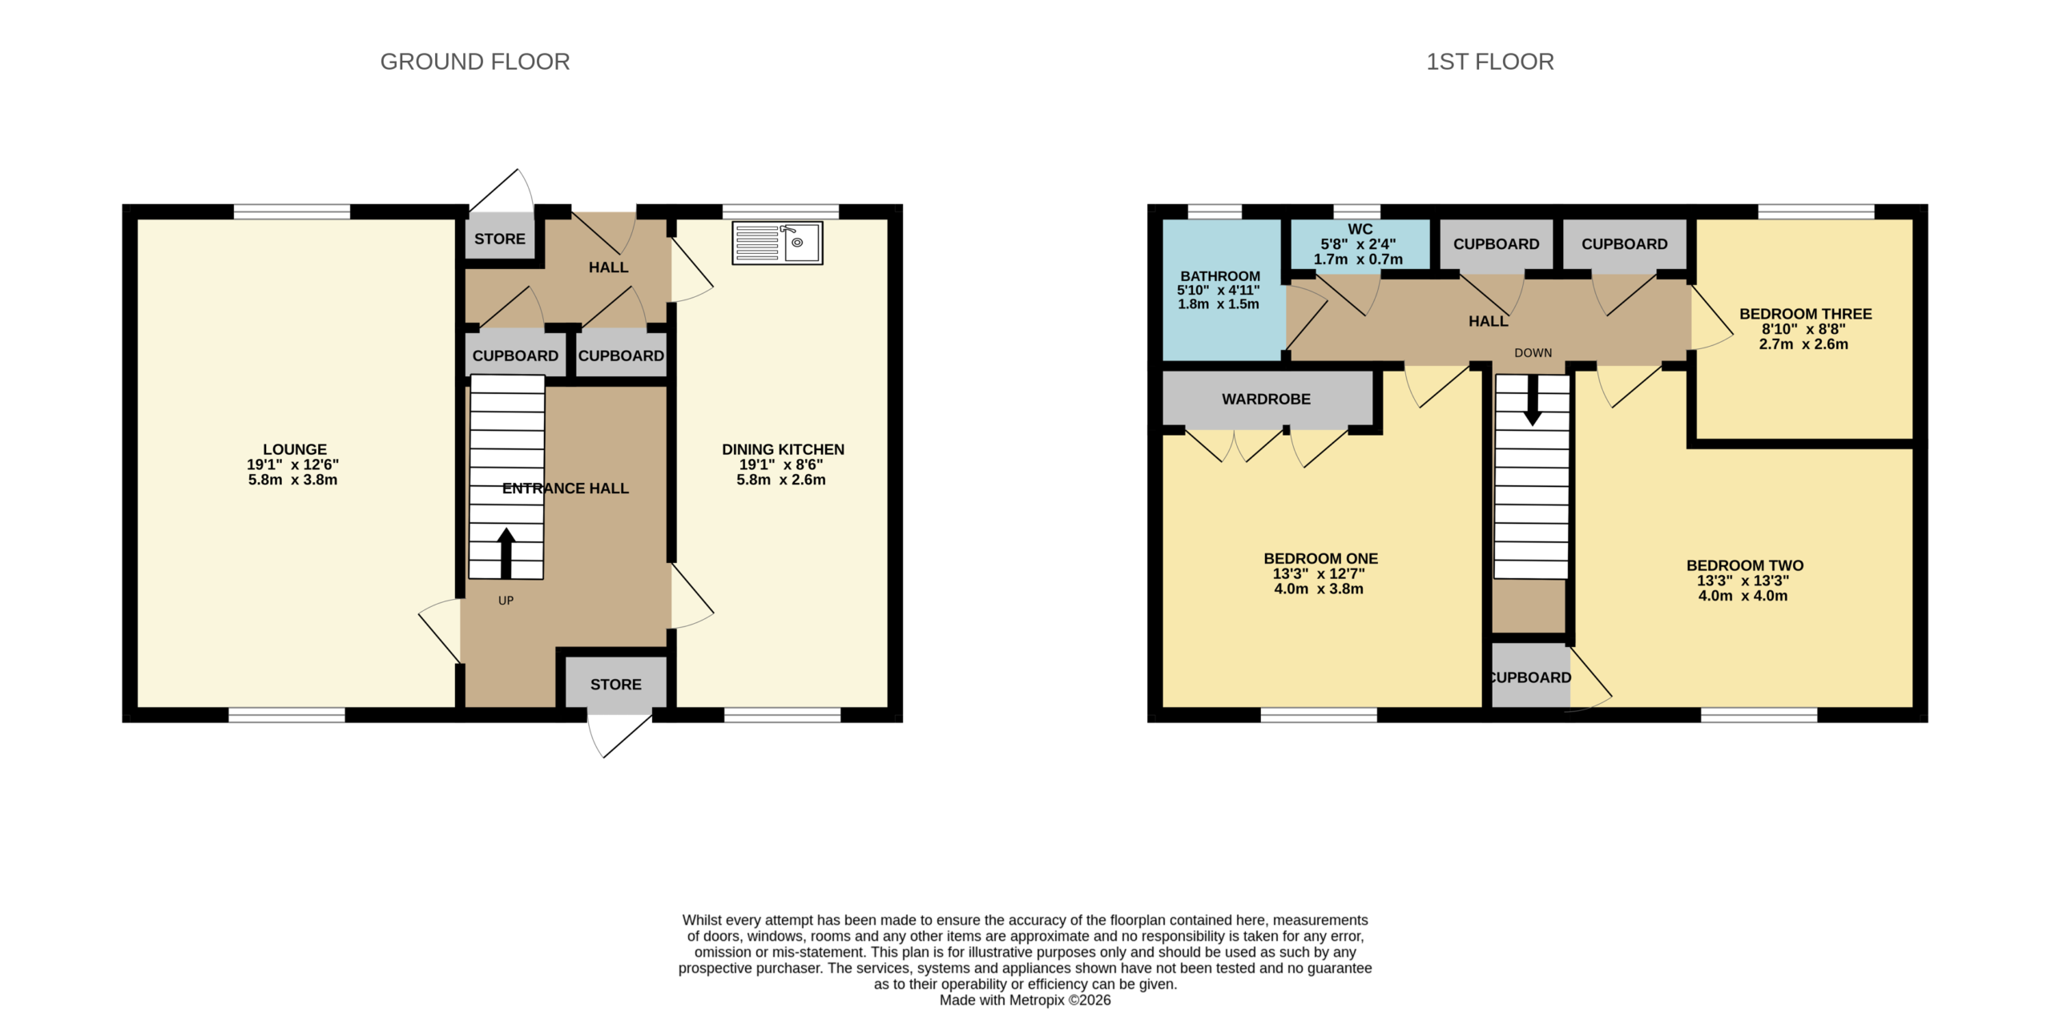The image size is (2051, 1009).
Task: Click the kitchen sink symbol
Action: [x=777, y=243]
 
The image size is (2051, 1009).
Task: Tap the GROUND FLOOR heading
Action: [x=475, y=62]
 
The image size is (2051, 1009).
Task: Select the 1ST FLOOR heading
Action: [x=1490, y=62]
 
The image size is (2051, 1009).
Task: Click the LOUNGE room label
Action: [x=295, y=449]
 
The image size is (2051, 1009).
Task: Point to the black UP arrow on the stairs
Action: [x=506, y=553]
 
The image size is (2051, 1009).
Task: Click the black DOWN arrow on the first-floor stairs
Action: [x=1533, y=400]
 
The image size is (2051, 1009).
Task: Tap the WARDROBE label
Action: [x=1266, y=399]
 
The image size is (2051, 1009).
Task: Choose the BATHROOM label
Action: [x=1220, y=275]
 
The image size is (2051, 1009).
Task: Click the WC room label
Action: [x=1360, y=229]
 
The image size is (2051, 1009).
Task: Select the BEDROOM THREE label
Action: [x=1806, y=314]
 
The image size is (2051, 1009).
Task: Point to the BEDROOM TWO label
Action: [x=1745, y=565]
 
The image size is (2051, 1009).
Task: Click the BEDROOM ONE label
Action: [x=1321, y=558]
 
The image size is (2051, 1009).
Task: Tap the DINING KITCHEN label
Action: [x=783, y=449]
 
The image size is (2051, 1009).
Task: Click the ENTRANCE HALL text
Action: [x=566, y=488]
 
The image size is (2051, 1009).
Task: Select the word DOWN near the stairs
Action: [x=1533, y=353]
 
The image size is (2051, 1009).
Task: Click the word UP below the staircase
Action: [x=506, y=601]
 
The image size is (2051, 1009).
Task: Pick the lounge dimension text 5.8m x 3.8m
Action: [x=292, y=480]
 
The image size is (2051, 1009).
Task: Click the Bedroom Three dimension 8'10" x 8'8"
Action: [x=1803, y=329]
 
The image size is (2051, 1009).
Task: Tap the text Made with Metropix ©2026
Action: [x=1025, y=999]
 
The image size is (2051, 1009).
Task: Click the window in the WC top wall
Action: [x=1356, y=211]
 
